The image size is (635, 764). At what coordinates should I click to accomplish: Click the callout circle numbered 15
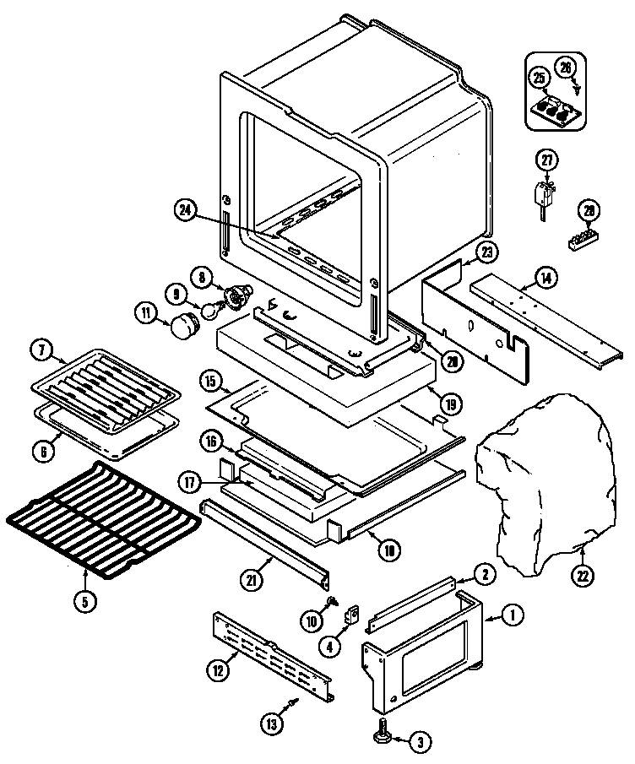[212, 381]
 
